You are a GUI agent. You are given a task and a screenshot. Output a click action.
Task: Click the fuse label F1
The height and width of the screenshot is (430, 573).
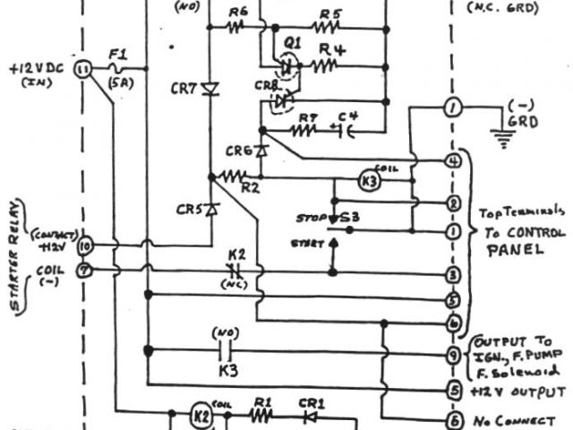tap(116, 55)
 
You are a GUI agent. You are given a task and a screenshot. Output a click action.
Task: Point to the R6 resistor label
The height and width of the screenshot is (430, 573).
tap(237, 13)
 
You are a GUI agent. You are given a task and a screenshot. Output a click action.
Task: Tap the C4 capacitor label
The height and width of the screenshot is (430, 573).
tap(346, 116)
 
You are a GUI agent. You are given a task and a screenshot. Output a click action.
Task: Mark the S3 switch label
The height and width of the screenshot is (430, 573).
tap(358, 218)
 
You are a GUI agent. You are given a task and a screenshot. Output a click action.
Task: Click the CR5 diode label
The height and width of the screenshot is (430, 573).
tap(188, 211)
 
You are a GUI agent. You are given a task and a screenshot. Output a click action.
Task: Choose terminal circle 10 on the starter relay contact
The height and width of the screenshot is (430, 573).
tap(87, 244)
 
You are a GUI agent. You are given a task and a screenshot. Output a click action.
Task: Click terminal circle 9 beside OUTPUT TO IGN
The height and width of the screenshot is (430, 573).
tap(454, 355)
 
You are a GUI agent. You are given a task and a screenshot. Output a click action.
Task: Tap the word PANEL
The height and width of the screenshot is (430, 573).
tap(514, 252)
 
